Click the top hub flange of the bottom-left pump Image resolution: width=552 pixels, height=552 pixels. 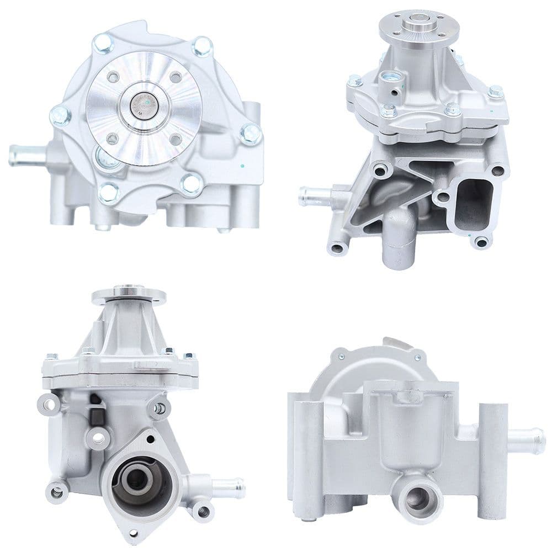click(x=129, y=294)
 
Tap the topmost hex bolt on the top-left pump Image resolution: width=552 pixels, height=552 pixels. click(x=103, y=43)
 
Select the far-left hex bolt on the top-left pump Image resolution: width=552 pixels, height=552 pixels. click(x=60, y=115)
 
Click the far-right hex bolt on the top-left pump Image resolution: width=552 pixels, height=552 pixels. click(x=251, y=134)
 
